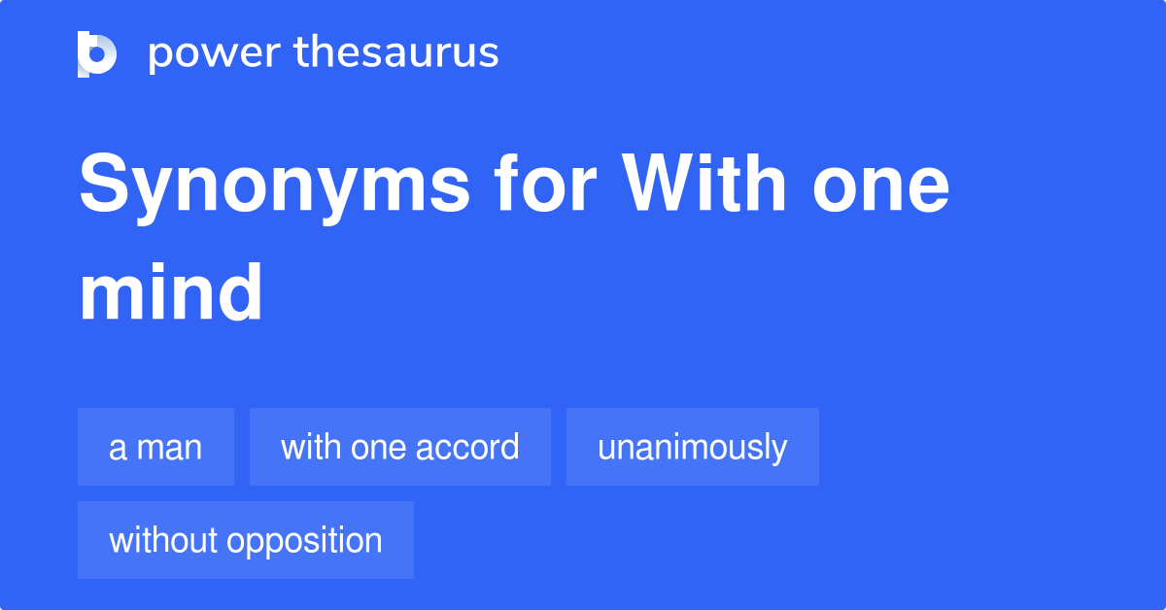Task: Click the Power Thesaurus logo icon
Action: [x=97, y=53]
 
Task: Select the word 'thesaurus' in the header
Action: [x=396, y=53]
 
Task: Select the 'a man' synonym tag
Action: [x=155, y=448]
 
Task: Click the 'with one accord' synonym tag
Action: [x=399, y=448]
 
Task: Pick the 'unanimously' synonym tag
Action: [x=692, y=448]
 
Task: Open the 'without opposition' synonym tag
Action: [x=245, y=540]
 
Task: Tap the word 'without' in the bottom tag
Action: [x=162, y=540]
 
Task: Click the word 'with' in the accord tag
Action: [x=311, y=448]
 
